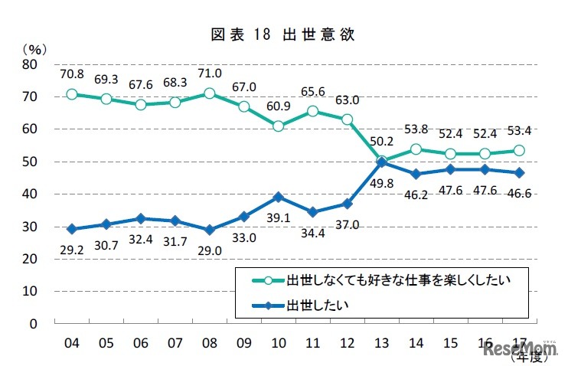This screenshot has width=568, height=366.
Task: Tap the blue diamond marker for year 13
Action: [x=380, y=162]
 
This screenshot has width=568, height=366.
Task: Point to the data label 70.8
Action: [x=72, y=74]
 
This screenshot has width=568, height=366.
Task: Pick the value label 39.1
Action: [x=279, y=217]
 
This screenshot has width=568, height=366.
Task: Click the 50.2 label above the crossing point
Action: [x=380, y=141]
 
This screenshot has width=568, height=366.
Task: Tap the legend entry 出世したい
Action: [x=317, y=305]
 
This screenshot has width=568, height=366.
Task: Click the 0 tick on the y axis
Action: [x=33, y=324]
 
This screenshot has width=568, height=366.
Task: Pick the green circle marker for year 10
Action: [x=279, y=126]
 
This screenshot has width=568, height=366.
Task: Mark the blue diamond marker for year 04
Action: [x=72, y=229]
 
